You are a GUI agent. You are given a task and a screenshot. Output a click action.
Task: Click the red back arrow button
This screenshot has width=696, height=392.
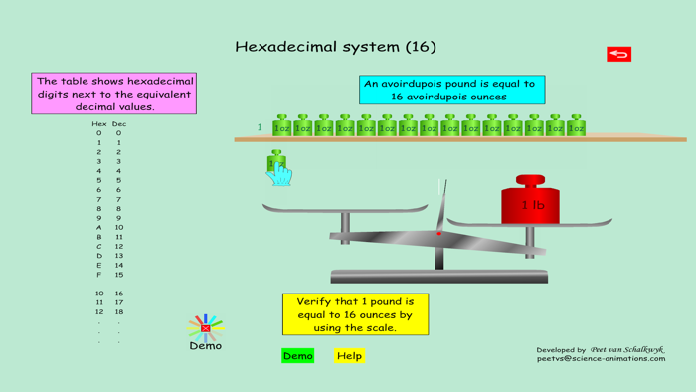point(618,54)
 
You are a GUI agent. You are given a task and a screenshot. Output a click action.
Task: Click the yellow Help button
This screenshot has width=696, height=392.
point(349,355)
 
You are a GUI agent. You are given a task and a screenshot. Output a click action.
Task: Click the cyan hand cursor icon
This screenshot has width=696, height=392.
point(279,173)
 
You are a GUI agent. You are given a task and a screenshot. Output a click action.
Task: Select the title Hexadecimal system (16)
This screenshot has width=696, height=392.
point(335,47)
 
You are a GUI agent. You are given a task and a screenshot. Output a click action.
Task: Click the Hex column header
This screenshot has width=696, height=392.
point(98,124)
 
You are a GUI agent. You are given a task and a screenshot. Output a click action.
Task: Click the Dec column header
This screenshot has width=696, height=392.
point(119,124)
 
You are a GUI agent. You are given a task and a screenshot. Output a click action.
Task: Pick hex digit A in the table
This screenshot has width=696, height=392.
point(98,228)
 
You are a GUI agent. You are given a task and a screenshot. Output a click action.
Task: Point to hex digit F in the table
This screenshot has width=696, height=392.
point(98,275)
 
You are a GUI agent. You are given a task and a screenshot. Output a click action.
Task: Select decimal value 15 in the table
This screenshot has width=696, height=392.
point(119,275)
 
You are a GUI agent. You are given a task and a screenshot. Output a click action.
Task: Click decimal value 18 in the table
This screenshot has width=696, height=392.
point(119,312)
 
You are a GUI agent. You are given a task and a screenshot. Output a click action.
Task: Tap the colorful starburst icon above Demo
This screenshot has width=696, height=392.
point(206,327)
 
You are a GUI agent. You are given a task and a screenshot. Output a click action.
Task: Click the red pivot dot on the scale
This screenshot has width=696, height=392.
point(439,234)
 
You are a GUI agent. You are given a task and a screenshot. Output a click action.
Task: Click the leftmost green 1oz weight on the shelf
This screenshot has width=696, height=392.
point(282,126)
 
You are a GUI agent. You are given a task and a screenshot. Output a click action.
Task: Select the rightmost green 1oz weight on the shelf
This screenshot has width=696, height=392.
point(576,126)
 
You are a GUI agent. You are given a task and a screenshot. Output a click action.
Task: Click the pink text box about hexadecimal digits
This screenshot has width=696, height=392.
point(114,94)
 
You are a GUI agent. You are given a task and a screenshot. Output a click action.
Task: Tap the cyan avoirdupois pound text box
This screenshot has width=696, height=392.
point(451,91)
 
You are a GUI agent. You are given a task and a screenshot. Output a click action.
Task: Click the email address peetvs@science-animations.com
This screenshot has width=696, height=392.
point(601,359)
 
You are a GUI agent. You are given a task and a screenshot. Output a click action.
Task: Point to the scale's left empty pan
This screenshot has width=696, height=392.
point(344,209)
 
